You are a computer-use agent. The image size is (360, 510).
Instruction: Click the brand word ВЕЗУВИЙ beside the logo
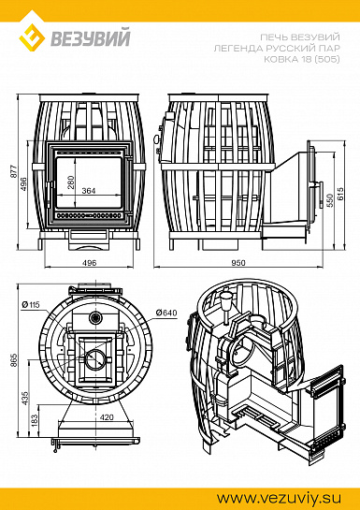pos(91,38)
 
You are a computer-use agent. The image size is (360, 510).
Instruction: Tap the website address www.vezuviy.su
pos(279,498)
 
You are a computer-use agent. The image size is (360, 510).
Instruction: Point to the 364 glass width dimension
pos(89,191)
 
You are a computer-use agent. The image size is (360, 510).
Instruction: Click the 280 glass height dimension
pos(70,182)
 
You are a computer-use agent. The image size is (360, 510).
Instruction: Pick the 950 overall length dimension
pos(238,262)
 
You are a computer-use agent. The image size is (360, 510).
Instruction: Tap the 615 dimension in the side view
pos(340,194)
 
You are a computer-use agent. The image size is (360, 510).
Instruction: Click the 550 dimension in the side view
pos(330,200)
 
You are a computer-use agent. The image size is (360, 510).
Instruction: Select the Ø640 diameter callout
pos(166,313)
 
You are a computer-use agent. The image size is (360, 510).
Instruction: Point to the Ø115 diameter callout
pos(30,305)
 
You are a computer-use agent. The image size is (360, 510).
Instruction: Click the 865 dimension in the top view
pos(14,360)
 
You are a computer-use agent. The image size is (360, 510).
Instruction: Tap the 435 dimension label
pos(25,398)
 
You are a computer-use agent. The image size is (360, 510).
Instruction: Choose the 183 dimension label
pos(35,421)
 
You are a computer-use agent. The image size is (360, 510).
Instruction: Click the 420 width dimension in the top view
pos(107,416)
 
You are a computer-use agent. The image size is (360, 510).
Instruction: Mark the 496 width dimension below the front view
pos(90,262)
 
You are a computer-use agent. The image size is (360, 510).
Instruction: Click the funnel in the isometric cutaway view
pos(226,302)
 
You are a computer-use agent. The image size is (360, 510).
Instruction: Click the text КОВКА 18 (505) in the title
pos(302,59)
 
